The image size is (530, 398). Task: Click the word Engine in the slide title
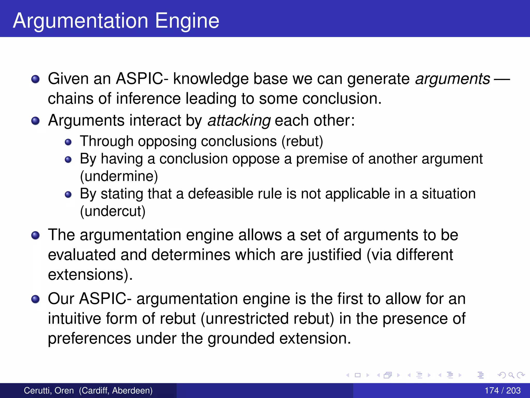pyautogui.click(x=187, y=21)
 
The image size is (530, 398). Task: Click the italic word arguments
pyautogui.click(x=452, y=79)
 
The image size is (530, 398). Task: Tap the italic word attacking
pyautogui.click(x=239, y=120)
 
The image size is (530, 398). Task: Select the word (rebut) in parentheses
pyautogui.click(x=302, y=141)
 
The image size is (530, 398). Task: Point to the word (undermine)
pyautogui.click(x=119, y=176)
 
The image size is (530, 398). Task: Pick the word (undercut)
pyautogui.click(x=113, y=211)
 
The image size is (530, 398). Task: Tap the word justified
pyautogui.click(x=334, y=255)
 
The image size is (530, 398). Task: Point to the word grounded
pyautogui.click(x=241, y=338)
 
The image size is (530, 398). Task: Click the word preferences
pyautogui.click(x=90, y=338)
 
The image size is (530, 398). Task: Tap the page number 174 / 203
pyautogui.click(x=502, y=390)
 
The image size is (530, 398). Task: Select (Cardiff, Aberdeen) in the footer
pyautogui.click(x=116, y=390)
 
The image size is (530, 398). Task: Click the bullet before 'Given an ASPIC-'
pyautogui.click(x=35, y=79)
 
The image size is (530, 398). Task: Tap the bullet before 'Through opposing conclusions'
pyautogui.click(x=68, y=142)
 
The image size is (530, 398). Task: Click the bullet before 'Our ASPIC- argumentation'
pyautogui.click(x=35, y=299)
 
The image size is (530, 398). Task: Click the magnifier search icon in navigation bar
pyautogui.click(x=511, y=375)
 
